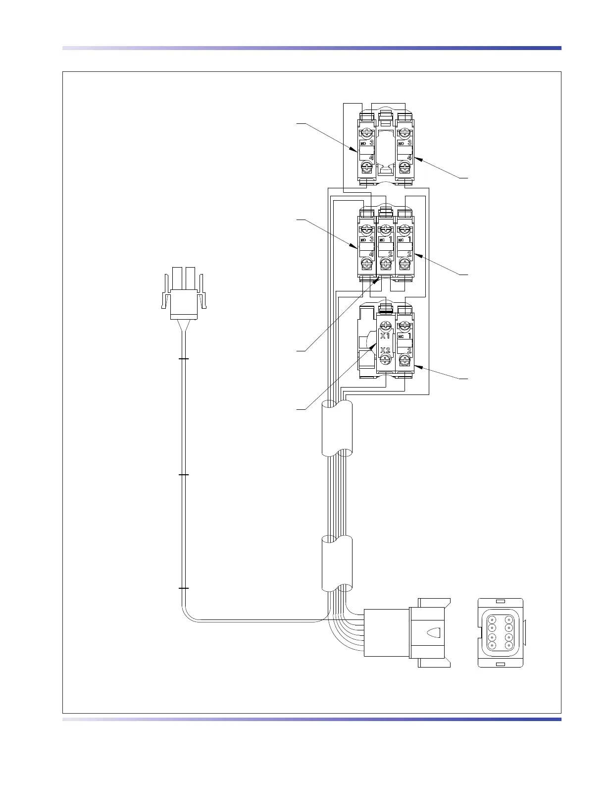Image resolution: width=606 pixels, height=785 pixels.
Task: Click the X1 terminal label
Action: tap(385, 336)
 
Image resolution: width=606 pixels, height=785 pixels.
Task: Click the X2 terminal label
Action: tap(385, 350)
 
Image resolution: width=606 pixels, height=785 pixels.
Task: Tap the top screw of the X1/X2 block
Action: tap(386, 326)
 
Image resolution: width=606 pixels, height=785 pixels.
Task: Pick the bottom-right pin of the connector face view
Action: tap(509, 645)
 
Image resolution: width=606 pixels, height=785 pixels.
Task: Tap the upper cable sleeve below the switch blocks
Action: tap(337, 428)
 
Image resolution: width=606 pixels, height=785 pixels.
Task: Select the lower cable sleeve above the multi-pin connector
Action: tap(337, 563)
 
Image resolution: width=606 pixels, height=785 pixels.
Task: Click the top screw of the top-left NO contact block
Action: tap(366, 133)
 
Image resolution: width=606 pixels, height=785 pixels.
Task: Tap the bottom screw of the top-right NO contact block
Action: tap(405, 168)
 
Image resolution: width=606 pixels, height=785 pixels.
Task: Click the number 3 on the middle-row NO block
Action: tap(370, 239)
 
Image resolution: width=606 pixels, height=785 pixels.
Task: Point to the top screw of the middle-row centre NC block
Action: tap(386, 229)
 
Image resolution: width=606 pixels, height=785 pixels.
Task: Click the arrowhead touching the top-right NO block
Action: tap(417, 159)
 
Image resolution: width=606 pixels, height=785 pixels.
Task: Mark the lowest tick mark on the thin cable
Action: tap(183, 588)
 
